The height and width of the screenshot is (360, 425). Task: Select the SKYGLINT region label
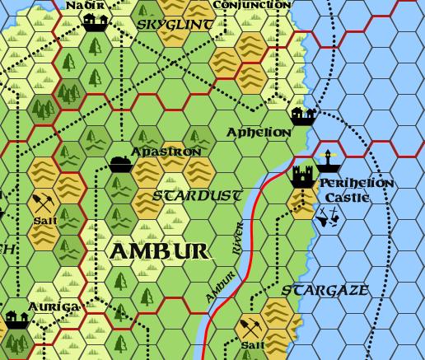pyautogui.click(x=174, y=25)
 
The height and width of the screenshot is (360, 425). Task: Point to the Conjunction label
pyautogui.click(x=251, y=5)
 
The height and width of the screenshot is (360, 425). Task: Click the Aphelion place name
pyautogui.click(x=259, y=132)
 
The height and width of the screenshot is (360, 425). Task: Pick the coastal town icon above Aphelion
pyautogui.click(x=303, y=116)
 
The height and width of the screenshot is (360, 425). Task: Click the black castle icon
pyautogui.click(x=302, y=175)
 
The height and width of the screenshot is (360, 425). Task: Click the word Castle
pyautogui.click(x=342, y=198)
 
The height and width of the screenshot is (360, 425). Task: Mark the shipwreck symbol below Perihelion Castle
pyautogui.click(x=329, y=217)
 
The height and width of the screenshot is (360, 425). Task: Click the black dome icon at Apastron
pyautogui.click(x=120, y=162)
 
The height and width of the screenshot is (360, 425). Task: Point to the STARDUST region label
pyautogui.click(x=198, y=196)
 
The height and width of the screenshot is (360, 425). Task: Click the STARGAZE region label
pyautogui.click(x=325, y=291)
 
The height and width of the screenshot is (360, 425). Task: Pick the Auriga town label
pyautogui.click(x=53, y=307)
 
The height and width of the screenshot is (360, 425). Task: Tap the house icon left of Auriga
pyautogui.click(x=16, y=319)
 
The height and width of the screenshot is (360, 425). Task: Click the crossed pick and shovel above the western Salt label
pyautogui.click(x=43, y=201)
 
